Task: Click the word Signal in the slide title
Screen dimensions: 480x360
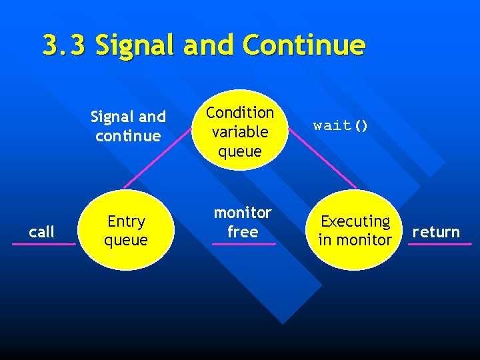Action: point(133,46)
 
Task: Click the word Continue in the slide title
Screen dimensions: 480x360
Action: point(304,46)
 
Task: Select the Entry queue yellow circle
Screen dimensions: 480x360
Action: point(127,230)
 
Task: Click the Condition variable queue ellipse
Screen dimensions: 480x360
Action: point(240,131)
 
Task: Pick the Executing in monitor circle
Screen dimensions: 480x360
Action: point(355,230)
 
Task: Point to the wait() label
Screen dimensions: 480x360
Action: point(341,126)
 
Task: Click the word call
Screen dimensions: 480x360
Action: point(42,232)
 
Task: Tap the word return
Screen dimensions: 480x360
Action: point(436,232)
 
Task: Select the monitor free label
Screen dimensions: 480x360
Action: point(243,222)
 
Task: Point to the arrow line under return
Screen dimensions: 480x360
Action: point(439,244)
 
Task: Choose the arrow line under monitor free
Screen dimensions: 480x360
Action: point(243,244)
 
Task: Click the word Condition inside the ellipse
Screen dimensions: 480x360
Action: point(240,113)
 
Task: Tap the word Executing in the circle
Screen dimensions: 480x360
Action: point(355,221)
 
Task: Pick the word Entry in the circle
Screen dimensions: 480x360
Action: point(126,221)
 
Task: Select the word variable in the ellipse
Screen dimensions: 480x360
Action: point(240,132)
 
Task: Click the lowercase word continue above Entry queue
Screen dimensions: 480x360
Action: point(128,136)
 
